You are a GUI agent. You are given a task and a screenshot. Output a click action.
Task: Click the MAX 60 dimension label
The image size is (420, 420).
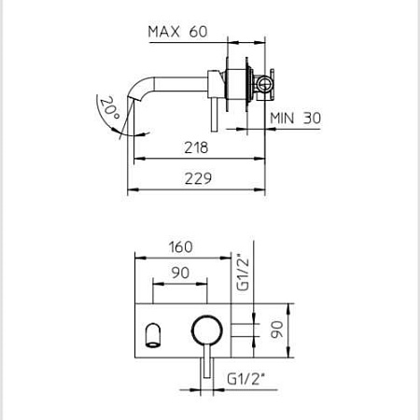pos(177,32)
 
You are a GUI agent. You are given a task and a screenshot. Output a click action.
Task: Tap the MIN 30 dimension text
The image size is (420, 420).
pos(295,119)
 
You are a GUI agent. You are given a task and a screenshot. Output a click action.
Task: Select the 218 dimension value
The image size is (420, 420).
pos(196,147)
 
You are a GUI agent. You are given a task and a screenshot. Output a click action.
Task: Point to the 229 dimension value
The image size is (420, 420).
pos(198,178)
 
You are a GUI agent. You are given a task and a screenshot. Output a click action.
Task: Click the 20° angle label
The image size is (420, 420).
pos(109,107)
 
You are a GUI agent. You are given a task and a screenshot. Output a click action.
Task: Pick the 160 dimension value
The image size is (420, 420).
pos(181,247)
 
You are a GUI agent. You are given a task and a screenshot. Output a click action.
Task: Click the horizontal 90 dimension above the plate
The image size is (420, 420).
pos(180,273)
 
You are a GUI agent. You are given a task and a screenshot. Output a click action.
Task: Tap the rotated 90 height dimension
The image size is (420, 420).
pos(276,329)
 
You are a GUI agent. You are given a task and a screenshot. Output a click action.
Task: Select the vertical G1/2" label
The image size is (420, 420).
pos(243,273)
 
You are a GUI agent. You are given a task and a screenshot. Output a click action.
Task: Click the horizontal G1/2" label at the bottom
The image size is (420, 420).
pos(245,379)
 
